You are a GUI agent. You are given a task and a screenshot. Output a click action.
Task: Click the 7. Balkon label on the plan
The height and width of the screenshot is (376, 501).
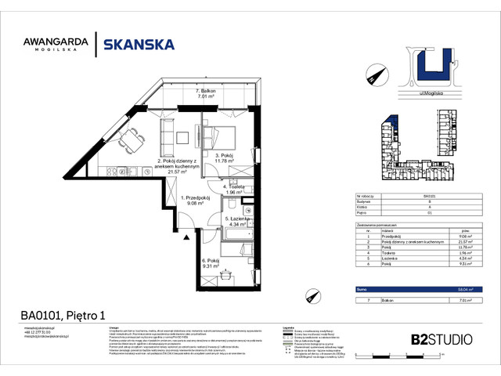point(207,93)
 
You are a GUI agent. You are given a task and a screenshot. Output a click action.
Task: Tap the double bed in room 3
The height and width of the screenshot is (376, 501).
point(217,131)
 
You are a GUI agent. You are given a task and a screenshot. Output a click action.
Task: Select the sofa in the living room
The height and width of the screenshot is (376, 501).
point(167,137)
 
